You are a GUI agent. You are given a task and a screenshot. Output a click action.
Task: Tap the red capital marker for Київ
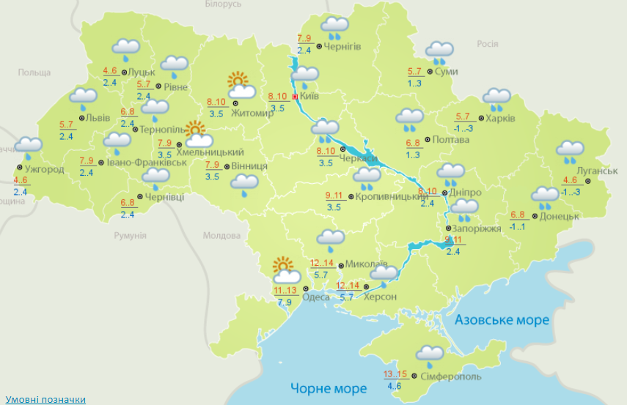(x=295, y=96)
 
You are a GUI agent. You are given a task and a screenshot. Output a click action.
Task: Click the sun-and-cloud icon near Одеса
(x=285, y=271)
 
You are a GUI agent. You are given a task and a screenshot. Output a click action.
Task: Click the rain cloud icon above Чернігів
(x=334, y=28)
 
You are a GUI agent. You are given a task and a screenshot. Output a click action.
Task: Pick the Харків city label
(x=501, y=118)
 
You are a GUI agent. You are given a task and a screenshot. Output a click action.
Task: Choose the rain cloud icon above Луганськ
(x=570, y=152)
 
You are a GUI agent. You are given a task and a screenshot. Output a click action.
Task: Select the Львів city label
(x=98, y=118)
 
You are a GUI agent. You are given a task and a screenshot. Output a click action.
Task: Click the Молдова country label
(x=221, y=236)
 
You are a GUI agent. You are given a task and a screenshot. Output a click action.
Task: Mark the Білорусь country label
(x=223, y=4)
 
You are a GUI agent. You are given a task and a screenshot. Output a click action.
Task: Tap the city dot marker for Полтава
(x=428, y=140)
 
